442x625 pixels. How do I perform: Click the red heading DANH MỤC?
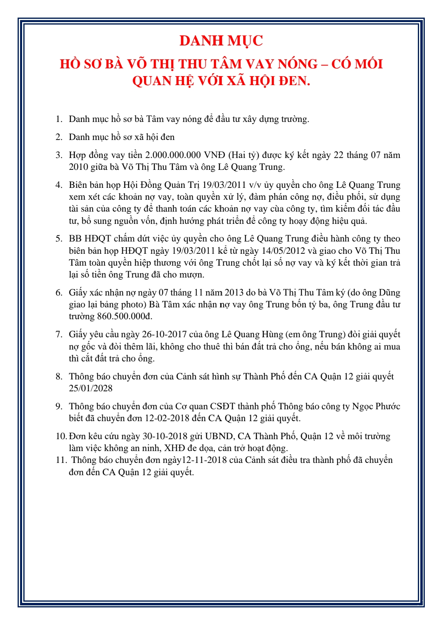point(221,41)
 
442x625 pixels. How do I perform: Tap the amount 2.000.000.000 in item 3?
point(173,155)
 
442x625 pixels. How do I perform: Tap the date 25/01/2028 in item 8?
point(90,388)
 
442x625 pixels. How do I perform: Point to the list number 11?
point(61,460)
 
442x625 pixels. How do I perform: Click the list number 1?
point(59,119)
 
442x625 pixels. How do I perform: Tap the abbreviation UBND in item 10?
point(219,436)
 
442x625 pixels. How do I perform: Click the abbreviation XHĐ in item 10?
point(174,448)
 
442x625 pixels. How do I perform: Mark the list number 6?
point(59,293)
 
